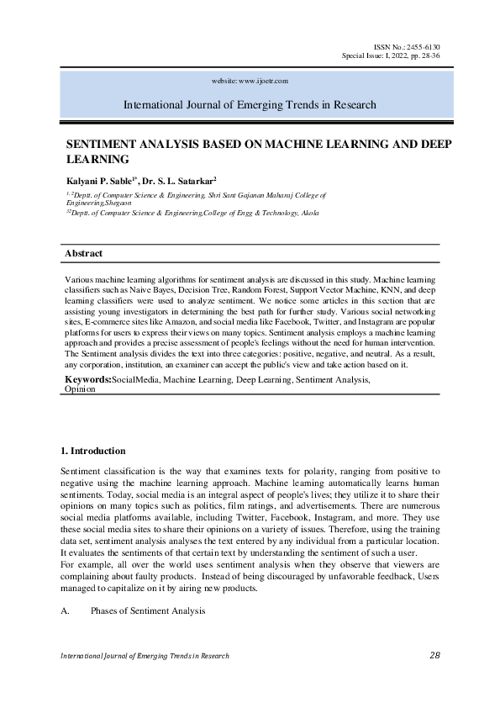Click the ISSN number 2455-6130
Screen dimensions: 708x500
[x=425, y=46]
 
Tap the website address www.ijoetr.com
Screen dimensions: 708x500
[x=263, y=81]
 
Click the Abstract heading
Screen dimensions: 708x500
[x=84, y=253]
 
